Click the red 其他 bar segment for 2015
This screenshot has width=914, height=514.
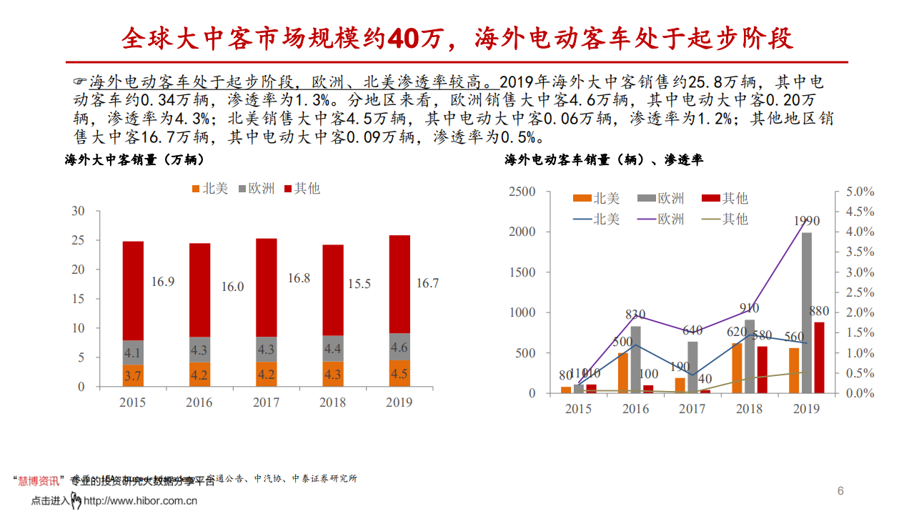133,290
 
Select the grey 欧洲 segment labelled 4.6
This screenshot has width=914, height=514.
399,347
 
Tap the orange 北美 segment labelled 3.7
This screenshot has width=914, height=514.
133,376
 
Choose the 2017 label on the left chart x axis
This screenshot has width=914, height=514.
266,402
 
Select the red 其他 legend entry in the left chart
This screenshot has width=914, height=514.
302,189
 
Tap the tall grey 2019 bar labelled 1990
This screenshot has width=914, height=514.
806,312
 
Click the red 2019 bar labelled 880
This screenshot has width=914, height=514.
818,357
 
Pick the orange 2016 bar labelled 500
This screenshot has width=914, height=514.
623,372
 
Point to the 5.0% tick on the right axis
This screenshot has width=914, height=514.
860,192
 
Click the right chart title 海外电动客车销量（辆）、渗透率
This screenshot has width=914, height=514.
604,160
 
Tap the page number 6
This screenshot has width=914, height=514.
840,490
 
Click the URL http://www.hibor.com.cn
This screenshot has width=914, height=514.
140,501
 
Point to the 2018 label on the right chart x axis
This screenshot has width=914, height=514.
750,409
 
